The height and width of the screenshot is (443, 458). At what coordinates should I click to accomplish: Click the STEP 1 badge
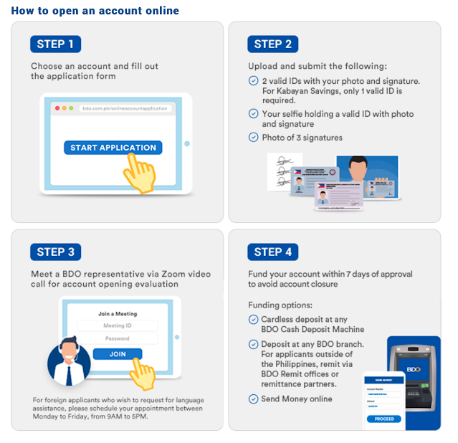[55, 44]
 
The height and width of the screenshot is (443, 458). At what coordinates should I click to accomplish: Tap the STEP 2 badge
[273, 44]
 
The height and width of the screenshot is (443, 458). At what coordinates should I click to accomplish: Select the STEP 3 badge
[55, 252]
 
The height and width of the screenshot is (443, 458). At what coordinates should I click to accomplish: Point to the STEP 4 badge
[273, 252]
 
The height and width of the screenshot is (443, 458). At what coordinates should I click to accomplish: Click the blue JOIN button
[118, 354]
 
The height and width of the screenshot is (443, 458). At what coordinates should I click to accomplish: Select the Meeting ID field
[118, 326]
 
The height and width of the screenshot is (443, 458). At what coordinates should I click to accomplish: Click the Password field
[118, 338]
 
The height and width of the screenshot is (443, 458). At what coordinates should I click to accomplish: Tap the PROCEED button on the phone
[384, 419]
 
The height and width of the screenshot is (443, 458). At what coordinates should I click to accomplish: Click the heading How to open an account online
[95, 11]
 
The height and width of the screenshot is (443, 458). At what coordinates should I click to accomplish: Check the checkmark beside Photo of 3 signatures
[253, 137]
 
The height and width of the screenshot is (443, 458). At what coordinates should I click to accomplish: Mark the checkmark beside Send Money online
[253, 399]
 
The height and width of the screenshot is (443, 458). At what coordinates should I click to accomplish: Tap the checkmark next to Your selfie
[253, 113]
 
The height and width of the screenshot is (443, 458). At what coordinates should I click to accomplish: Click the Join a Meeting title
[118, 314]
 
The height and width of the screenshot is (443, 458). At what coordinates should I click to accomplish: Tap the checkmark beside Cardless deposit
[253, 319]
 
